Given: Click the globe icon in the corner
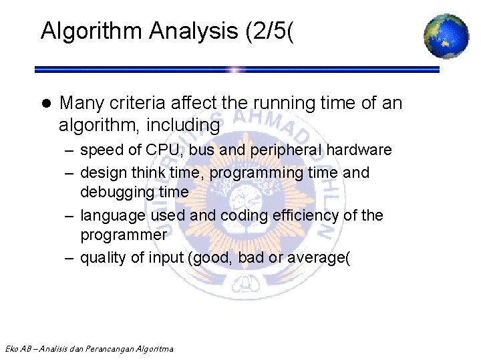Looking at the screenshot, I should click(446, 35).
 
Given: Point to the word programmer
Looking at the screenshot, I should click(123, 235).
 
